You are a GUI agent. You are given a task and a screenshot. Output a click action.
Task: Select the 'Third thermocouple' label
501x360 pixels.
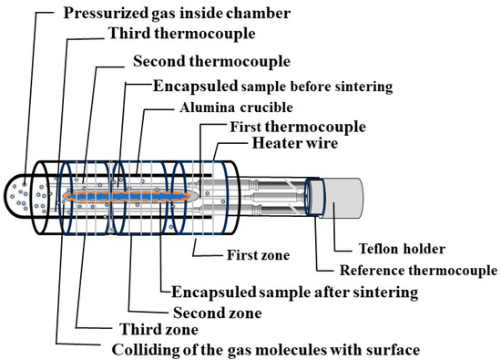click(169, 35)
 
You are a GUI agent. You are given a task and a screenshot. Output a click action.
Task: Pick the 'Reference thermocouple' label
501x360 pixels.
click(418, 271)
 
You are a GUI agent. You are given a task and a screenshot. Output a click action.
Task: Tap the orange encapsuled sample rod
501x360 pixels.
click(128, 196)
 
